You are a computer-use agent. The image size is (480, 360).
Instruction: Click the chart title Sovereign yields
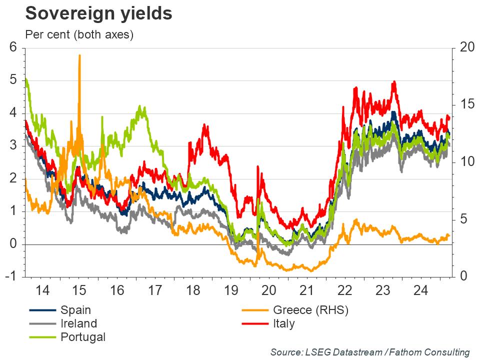click(x=99, y=13)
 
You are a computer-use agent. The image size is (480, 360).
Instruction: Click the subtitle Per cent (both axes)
click(x=79, y=35)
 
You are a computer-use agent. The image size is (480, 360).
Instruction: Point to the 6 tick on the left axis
click(x=13, y=48)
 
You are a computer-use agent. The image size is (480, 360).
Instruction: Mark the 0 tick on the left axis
click(x=13, y=244)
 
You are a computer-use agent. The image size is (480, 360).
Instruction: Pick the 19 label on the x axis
click(x=231, y=290)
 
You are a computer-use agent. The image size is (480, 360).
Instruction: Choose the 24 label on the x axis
click(x=420, y=290)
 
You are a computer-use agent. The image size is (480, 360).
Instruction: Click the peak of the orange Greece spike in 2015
click(x=79, y=56)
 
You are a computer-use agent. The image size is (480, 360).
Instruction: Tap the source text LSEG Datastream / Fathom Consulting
click(x=370, y=352)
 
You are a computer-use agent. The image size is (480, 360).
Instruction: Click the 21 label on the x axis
click(x=306, y=290)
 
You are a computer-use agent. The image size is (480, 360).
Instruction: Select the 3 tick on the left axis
click(x=13, y=146)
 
